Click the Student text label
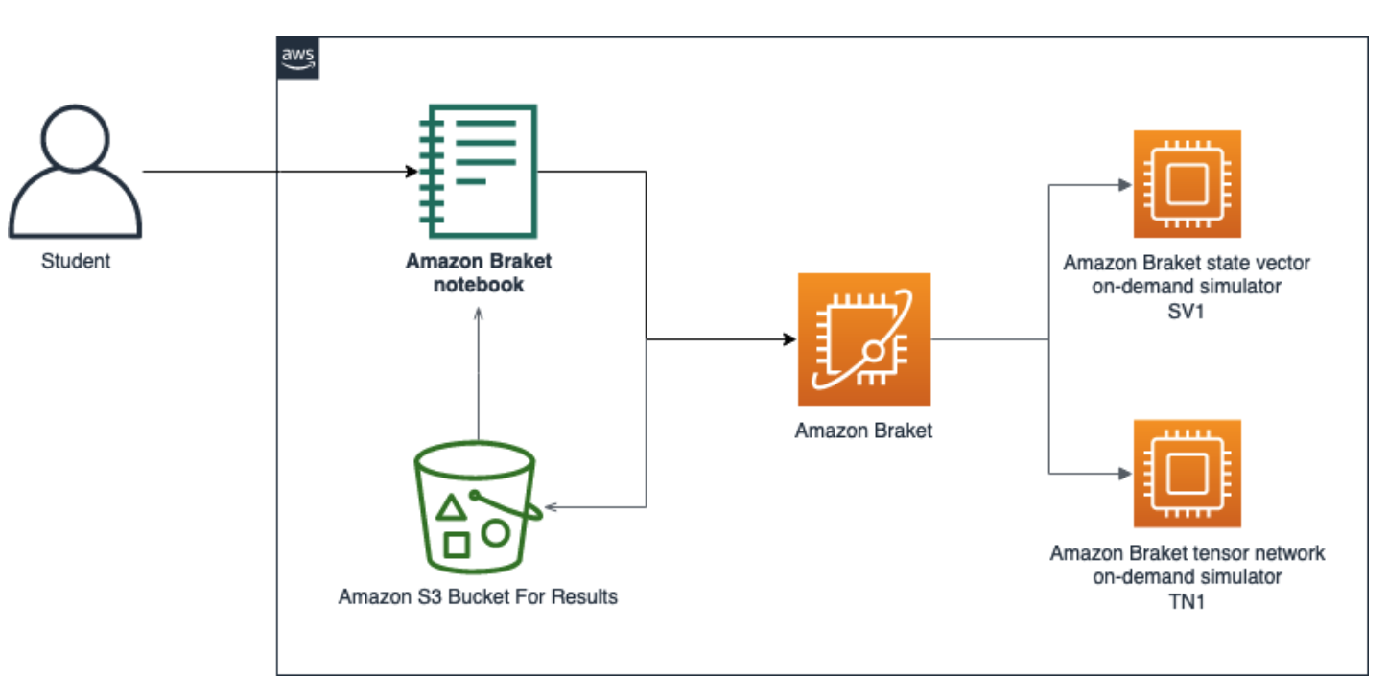pyautogui.click(x=76, y=261)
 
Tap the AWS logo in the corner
pyautogui.click(x=298, y=59)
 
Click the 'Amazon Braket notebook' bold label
pyautogui.click(x=479, y=272)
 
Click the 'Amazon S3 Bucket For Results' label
pyautogui.click(x=478, y=597)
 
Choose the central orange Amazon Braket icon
pyautogui.click(x=863, y=339)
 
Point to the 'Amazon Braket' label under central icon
pyautogui.click(x=863, y=431)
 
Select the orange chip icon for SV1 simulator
pyautogui.click(x=1187, y=184)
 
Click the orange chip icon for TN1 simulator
pyautogui.click(x=1187, y=474)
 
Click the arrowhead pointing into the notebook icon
pyautogui.click(x=412, y=173)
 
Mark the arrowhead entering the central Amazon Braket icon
pyautogui.click(x=789, y=339)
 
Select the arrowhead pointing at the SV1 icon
pyautogui.click(x=1125, y=184)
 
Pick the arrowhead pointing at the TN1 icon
pyautogui.click(x=1125, y=474)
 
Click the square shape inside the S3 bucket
pyautogui.click(x=457, y=545)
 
